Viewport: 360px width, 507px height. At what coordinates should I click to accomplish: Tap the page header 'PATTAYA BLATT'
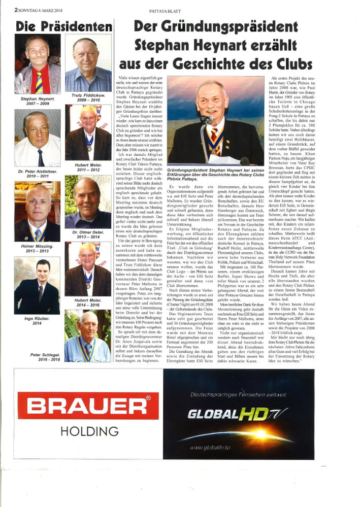pos(180,9)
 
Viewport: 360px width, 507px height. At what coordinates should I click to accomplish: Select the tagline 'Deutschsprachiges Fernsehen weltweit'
pos(245,394)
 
